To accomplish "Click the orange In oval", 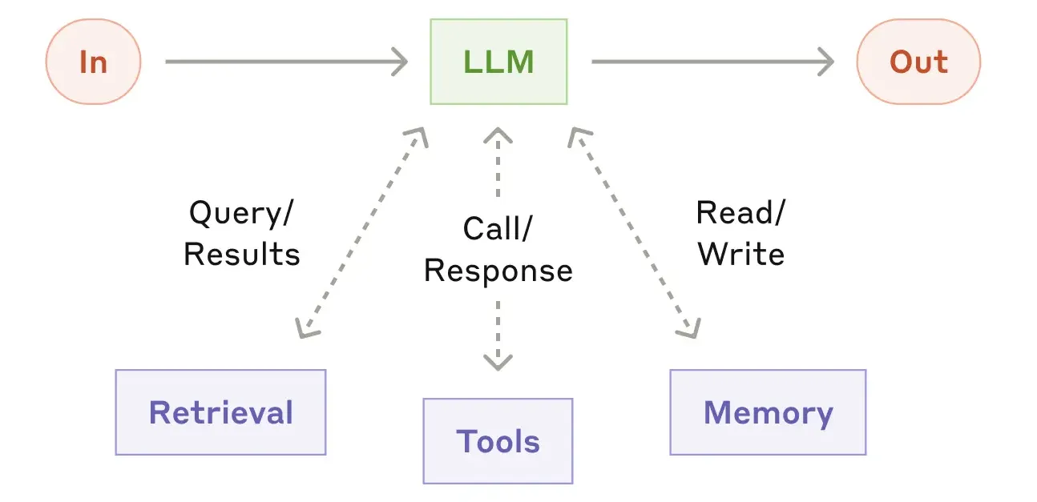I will (94, 62).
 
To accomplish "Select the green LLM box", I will (498, 62).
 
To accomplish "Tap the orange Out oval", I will (918, 62).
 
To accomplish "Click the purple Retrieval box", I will (220, 412).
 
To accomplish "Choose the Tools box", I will (498, 441).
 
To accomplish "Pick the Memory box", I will (768, 412).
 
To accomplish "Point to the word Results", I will (242, 254).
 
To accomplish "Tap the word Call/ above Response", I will (498, 229).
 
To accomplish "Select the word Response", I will (498, 271).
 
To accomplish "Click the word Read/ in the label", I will (740, 213).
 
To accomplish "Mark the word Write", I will (740, 254).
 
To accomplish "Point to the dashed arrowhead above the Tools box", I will (498, 361).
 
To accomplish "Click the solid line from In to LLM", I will (280, 62).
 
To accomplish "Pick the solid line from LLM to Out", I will (705, 62).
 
